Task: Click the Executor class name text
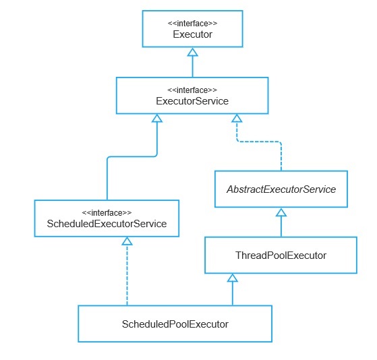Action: pos(192,34)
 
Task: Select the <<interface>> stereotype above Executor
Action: pos(192,24)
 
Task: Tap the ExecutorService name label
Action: pos(192,101)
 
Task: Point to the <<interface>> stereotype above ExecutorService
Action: pos(192,90)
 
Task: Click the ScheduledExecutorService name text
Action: pos(107,224)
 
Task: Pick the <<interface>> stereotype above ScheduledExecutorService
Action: pos(107,213)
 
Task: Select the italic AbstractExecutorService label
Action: pos(281,189)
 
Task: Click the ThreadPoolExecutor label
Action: pos(281,256)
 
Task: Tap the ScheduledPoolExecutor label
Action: pos(175,324)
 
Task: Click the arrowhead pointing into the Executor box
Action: pos(193,52)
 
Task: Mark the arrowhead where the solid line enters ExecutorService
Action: pos(157,118)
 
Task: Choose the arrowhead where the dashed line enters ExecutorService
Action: pos(237,118)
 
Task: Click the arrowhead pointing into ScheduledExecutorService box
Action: pos(127,241)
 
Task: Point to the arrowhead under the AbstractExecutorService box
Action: pos(281,212)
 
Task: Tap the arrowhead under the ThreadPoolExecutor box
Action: pos(233,278)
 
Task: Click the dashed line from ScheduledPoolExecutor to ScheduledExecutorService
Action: pos(127,275)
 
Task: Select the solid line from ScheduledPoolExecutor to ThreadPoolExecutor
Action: pos(233,293)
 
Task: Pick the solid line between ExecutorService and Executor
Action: pos(193,67)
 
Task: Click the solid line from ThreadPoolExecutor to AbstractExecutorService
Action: pos(281,227)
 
